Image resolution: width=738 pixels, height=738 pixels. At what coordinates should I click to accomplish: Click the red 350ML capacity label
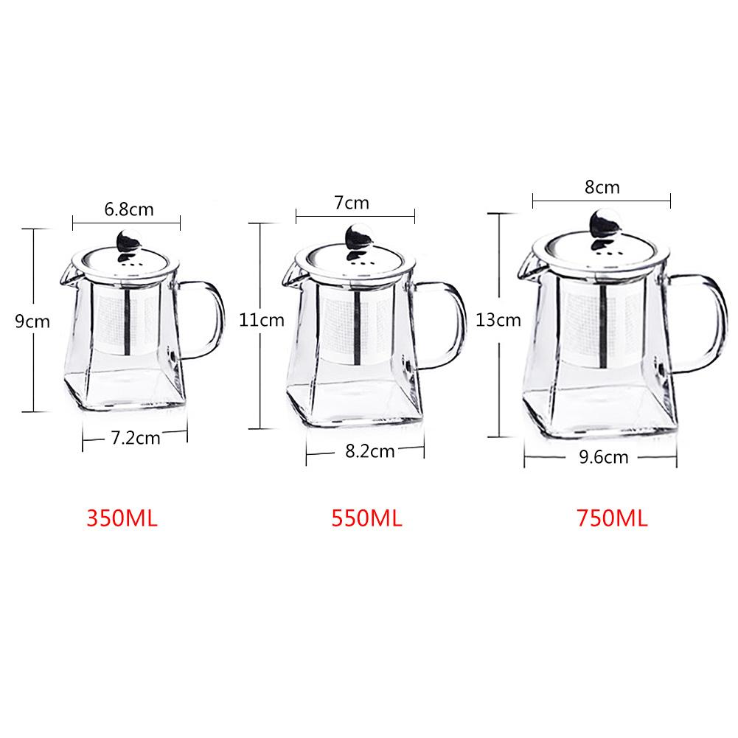(123, 518)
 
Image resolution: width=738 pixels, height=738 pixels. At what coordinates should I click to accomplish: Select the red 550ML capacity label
(366, 518)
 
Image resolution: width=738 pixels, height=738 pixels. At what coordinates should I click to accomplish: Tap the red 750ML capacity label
(612, 518)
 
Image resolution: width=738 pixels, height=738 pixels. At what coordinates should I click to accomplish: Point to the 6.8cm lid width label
(129, 209)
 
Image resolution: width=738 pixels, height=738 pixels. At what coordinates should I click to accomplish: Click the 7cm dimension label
(352, 202)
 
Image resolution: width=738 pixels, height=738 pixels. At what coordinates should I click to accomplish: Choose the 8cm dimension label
(602, 187)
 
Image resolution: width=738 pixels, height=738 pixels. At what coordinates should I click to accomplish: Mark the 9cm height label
(32, 321)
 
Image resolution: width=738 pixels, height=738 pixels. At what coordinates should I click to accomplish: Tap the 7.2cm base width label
(135, 438)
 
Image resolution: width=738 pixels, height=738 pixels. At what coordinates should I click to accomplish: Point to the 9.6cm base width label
(605, 457)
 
